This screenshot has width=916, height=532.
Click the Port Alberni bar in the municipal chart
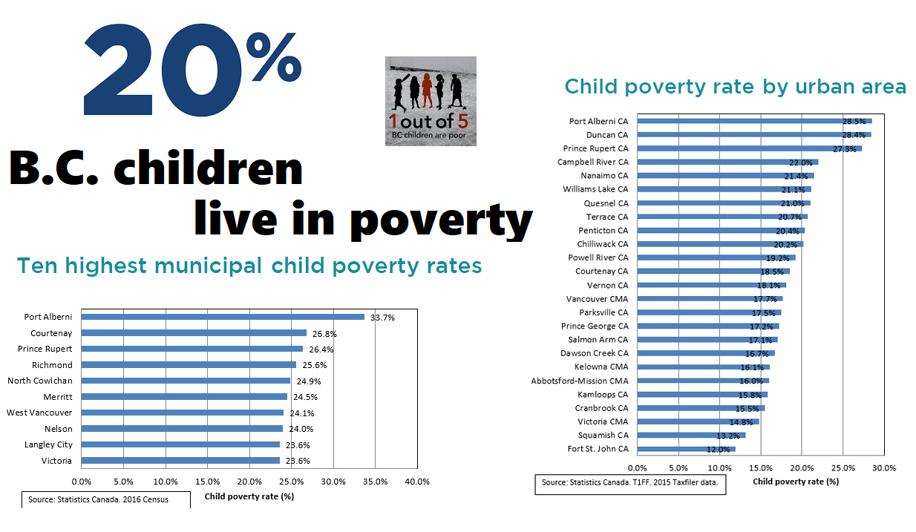223,317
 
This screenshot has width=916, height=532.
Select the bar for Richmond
189,365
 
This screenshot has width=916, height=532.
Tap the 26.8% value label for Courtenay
324,334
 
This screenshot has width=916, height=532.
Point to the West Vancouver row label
39,413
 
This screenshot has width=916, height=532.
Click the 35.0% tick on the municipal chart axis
375,482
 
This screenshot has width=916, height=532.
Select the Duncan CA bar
754,135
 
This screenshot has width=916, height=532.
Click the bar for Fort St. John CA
686,449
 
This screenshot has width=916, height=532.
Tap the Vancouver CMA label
597,299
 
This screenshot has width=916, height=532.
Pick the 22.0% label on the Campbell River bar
801,162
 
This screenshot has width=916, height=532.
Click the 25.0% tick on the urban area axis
843,468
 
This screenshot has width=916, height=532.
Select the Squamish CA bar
691,435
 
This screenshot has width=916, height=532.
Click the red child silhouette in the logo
427,90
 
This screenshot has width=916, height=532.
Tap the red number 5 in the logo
462,122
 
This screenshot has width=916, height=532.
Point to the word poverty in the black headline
442,220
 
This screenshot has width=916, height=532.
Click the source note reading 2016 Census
98,499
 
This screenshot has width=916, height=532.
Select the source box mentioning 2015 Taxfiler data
630,485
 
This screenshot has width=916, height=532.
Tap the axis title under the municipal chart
249,496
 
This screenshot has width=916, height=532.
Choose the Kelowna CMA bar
704,367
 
